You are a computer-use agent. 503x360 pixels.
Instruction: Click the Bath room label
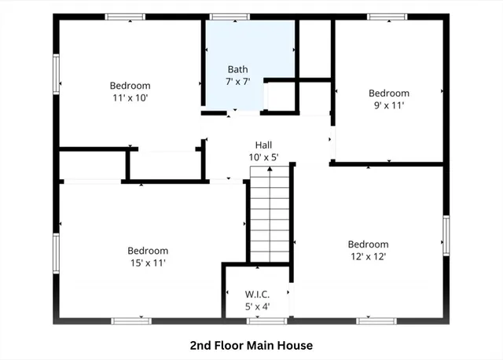tap(238, 68)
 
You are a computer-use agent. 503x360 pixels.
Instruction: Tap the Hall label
tap(263, 145)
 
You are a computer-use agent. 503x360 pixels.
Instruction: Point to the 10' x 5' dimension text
tap(263, 157)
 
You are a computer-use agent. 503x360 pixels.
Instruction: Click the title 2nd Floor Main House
tap(251, 345)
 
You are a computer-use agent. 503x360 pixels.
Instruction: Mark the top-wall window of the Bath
tap(229, 17)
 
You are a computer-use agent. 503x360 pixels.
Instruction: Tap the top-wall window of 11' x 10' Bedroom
tap(126, 17)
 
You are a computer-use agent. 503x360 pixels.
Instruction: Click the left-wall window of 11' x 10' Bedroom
tap(56, 75)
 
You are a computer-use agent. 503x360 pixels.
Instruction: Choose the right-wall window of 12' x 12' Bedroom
tap(446, 237)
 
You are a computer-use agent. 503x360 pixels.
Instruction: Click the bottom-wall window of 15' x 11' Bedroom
tap(131, 321)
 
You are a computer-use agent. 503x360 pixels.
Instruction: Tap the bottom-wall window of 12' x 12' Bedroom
tap(376, 321)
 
